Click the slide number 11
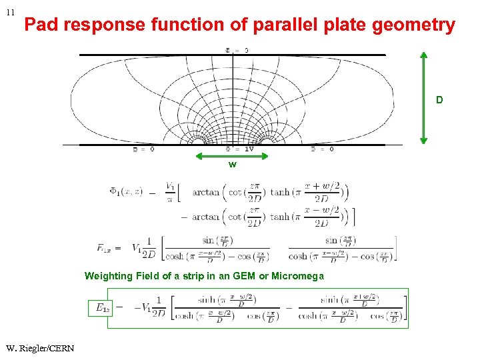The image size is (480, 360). click(11, 12)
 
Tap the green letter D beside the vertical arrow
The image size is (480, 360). click(439, 100)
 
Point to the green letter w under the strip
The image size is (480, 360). click(232, 164)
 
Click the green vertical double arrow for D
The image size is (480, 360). click(423, 98)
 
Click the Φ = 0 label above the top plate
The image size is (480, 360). click(237, 49)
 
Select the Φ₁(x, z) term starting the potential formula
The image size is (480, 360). click(126, 192)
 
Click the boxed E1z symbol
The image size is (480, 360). click(103, 307)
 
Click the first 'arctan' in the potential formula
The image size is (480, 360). click(205, 192)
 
